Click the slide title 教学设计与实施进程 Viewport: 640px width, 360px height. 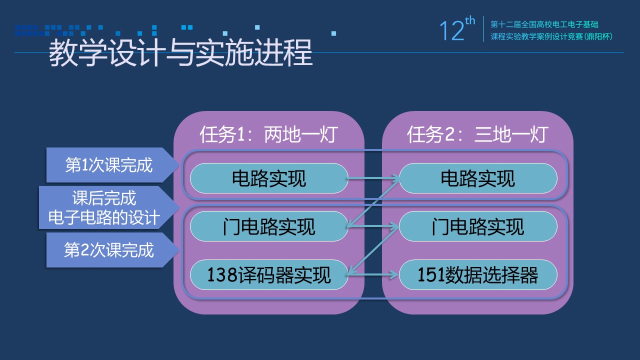(x=180, y=53)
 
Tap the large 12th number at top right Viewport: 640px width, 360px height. (x=457, y=29)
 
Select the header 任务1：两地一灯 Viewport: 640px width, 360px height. (x=269, y=134)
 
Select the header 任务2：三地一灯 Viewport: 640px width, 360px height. (x=477, y=134)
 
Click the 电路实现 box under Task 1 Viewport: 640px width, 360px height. (x=269, y=178)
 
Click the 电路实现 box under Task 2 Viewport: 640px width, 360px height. (x=478, y=178)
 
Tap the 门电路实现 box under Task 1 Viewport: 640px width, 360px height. (x=269, y=226)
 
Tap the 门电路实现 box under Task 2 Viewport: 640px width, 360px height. (x=478, y=226)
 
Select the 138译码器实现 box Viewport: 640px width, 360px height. (x=269, y=275)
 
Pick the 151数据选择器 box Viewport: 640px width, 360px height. (x=478, y=275)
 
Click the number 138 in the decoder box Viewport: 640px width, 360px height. (x=221, y=275)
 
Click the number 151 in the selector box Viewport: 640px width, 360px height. (x=431, y=275)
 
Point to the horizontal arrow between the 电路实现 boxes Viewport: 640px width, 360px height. (x=373, y=178)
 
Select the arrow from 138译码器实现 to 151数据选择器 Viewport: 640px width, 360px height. (x=372, y=275)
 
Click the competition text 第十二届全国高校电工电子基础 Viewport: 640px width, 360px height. (x=544, y=24)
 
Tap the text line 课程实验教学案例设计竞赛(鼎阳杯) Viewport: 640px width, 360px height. (x=551, y=36)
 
